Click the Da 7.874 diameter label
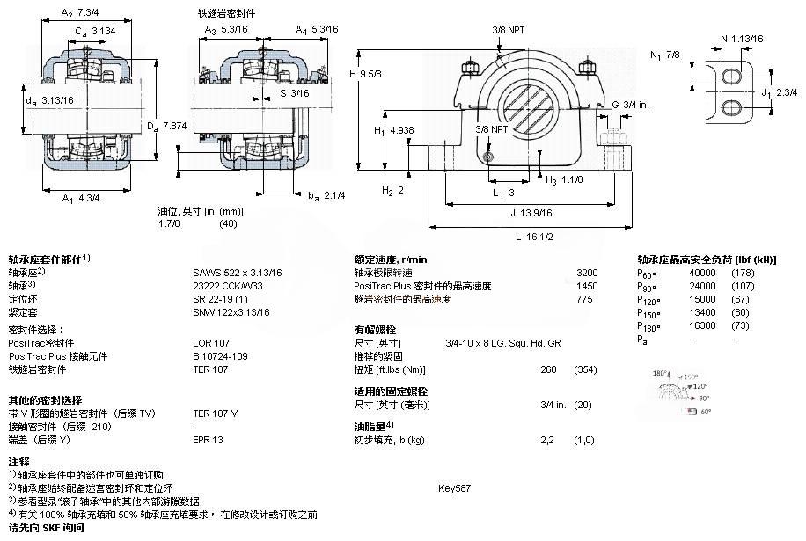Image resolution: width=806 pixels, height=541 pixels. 166,126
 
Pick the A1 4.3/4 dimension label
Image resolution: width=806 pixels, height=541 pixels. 81,197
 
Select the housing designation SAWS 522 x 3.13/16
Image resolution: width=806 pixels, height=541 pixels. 237,273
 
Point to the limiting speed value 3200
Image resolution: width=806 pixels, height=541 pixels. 586,273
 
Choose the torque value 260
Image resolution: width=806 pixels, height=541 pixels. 547,369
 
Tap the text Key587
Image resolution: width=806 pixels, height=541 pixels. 454,486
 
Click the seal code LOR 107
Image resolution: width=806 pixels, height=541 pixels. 211,342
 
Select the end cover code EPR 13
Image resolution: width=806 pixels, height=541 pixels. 208,439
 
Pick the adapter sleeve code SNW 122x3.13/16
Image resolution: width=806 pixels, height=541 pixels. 231,311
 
